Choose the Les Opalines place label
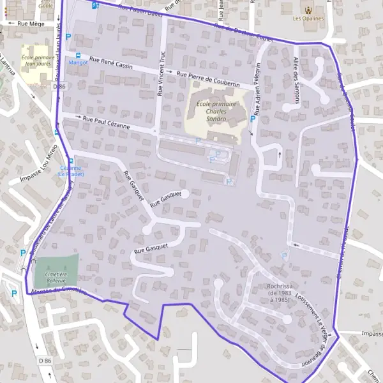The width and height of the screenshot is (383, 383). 309,19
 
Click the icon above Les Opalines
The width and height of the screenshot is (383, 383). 309,10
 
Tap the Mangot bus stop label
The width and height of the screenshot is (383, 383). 78,63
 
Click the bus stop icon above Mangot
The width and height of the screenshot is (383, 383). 78,56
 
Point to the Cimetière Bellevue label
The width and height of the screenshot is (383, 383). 57,274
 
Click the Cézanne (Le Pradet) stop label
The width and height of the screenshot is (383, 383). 70,170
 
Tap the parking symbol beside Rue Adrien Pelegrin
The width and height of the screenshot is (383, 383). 253,119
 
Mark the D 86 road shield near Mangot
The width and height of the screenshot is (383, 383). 60,85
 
